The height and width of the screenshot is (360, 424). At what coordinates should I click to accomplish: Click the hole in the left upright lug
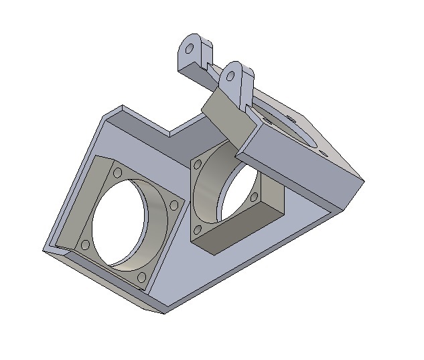(190, 50)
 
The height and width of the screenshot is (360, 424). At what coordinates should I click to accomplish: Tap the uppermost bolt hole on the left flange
(118, 173)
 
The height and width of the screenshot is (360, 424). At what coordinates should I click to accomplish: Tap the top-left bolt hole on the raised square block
(198, 162)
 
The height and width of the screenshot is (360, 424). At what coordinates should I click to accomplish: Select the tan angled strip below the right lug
(228, 114)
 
